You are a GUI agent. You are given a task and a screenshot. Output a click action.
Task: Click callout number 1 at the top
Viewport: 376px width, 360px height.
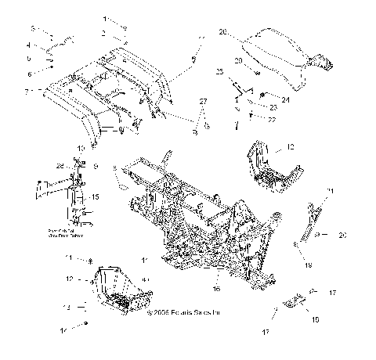(106, 17)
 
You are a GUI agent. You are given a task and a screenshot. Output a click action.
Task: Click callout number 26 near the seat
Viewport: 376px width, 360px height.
(222, 32)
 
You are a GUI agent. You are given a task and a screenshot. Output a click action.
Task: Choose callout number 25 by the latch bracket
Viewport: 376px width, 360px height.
(221, 71)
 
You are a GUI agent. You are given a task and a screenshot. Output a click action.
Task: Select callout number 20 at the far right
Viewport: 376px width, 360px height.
(342, 235)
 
